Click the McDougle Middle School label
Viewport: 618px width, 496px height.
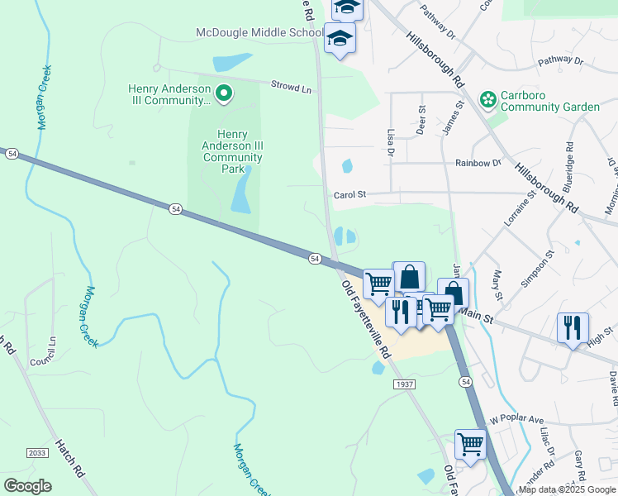259,32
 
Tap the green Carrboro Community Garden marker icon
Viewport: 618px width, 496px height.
488,100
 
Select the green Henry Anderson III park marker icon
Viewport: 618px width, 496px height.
222,91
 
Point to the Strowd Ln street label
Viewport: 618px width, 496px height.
292,85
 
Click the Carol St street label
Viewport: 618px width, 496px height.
349,196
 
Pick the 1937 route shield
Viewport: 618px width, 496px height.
405,384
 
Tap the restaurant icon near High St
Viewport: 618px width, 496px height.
573,327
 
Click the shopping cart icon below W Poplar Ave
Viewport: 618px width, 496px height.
471,443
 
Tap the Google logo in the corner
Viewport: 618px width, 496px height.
27,486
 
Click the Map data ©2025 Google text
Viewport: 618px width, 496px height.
567,489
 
